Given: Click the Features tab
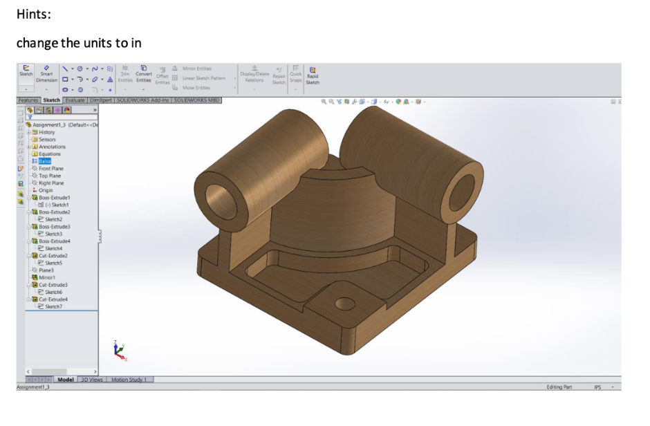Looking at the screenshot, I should (x=28, y=100).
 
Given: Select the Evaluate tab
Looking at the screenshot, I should (x=75, y=100).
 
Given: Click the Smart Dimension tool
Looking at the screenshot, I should (x=47, y=75).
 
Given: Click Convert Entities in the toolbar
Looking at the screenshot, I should (x=144, y=75).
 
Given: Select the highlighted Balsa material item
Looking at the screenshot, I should (x=45, y=161).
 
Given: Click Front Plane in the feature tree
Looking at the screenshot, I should (x=51, y=169).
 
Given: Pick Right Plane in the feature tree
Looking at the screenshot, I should (x=51, y=183).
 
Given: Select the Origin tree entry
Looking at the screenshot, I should (x=46, y=190).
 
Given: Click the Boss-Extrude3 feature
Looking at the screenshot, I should (x=54, y=226).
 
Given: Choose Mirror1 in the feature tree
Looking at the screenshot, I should (x=47, y=277).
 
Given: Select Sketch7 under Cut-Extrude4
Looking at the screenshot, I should (x=53, y=306).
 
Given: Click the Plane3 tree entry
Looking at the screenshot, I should (x=46, y=270).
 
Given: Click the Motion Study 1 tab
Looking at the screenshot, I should (x=131, y=380).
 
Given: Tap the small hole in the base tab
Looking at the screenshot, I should (x=344, y=303).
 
